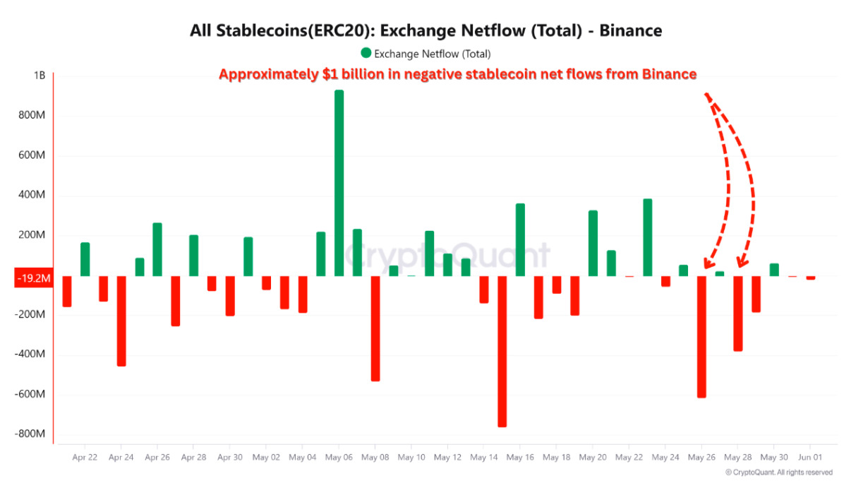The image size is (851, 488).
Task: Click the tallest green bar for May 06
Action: tap(339, 184)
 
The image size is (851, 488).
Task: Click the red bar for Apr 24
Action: tap(121, 321)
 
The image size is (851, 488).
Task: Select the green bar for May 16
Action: tap(520, 239)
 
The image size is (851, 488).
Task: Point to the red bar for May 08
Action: tap(375, 328)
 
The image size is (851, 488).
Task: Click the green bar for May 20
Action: tap(593, 243)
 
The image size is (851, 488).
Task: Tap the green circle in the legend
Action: tap(366, 53)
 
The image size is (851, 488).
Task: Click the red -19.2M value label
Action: tap(33, 278)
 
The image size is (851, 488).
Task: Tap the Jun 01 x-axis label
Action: tap(809, 458)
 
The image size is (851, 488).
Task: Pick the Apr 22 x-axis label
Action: tap(85, 458)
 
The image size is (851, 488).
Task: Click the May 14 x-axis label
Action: tap(483, 458)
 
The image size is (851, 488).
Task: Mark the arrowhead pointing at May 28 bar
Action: tap(740, 264)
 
